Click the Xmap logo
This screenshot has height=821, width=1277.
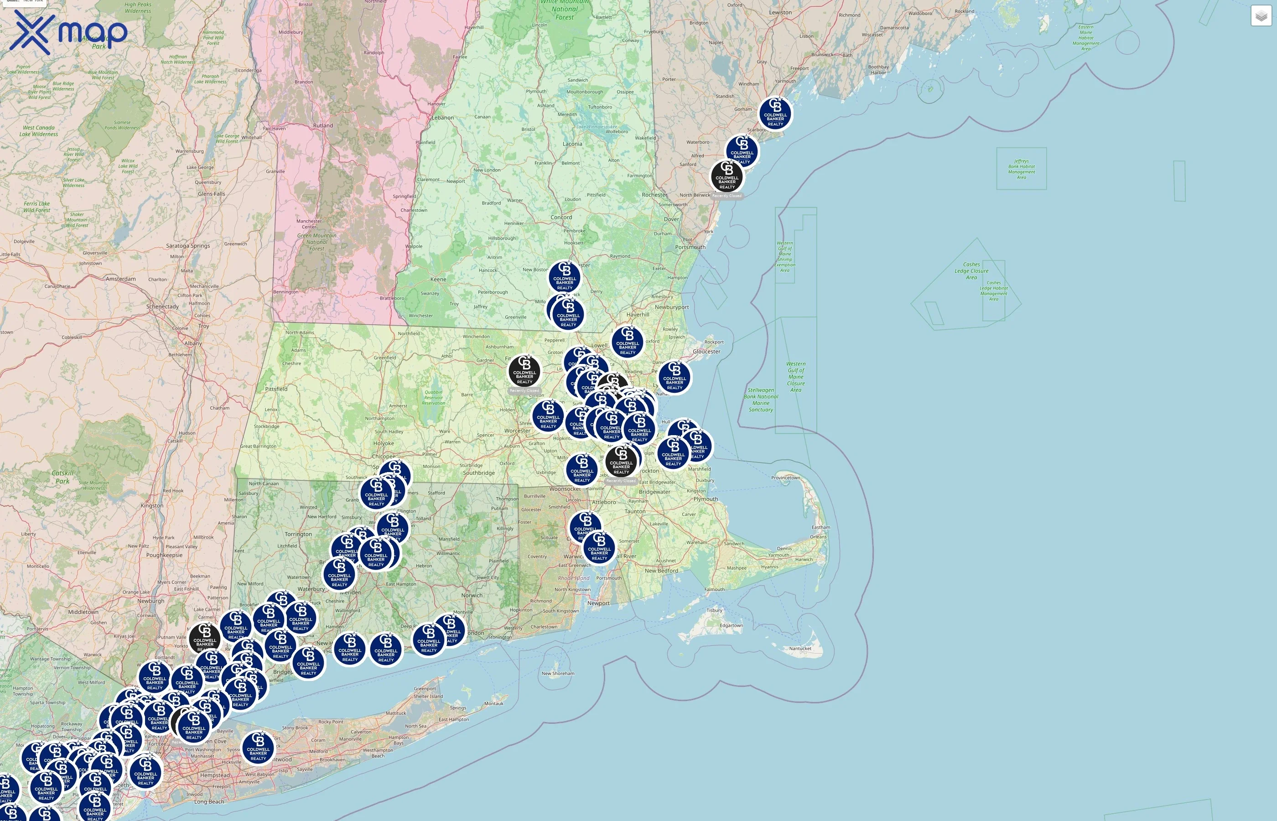68,32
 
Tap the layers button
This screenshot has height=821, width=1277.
1261,16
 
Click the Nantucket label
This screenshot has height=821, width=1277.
800,649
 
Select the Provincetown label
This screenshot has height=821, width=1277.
786,478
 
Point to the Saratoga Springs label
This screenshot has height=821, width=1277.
187,246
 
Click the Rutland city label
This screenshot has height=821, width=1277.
323,126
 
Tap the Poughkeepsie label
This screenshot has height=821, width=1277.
164,555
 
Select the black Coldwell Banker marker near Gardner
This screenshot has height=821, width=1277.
524,372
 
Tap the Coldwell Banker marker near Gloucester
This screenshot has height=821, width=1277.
675,378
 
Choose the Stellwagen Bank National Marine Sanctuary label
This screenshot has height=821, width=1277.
761,400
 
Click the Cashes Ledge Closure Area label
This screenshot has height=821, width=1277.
971,271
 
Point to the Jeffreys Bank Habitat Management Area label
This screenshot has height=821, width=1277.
1021,169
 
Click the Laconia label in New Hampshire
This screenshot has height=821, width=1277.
572,144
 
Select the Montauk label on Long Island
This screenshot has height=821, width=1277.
493,703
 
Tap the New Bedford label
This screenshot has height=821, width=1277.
661,571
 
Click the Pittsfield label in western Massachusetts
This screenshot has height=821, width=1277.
276,389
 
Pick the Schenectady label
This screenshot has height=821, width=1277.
162,307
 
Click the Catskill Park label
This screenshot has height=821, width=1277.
62,477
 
